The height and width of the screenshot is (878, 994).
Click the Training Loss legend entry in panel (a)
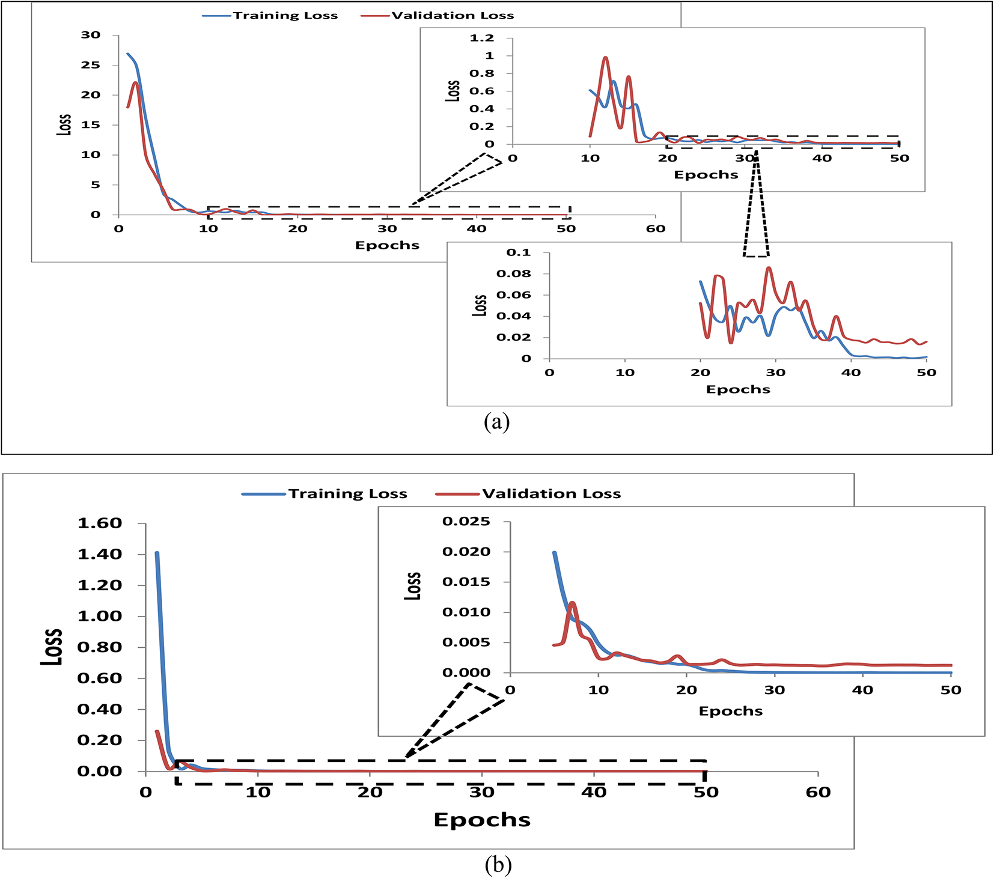pos(285,16)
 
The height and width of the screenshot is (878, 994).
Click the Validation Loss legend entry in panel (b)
pos(551,494)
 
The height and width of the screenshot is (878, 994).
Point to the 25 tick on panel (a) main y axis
pos(91,65)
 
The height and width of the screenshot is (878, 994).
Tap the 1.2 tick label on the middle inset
pos(482,38)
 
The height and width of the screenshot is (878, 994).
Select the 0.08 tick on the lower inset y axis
pos(514,274)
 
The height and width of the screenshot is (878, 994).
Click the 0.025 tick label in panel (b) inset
pos(466,522)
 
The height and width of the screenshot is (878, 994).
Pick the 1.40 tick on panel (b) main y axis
pos(100,554)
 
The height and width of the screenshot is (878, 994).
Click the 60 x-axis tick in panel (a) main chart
pos(656,229)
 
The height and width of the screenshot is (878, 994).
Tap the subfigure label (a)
pos(496,422)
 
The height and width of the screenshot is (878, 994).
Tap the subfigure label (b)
pos(498,865)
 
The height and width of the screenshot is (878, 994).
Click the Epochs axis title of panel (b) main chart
pos(482,820)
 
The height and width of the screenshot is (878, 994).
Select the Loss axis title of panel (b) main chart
pos(52,647)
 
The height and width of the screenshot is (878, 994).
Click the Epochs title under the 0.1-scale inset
pos(738,389)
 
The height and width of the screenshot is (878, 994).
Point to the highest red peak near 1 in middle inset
pos(606,58)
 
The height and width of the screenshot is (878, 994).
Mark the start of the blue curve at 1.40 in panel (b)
pos(157,553)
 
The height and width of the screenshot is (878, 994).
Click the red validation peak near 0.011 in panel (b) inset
pos(572,602)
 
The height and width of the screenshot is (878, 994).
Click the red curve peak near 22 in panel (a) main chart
pos(136,82)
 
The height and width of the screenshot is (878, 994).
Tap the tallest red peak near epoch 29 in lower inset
pos(769,268)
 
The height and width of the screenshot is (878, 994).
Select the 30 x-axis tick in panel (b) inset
pos(775,690)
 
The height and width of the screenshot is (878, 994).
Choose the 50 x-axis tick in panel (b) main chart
pos(706,793)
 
